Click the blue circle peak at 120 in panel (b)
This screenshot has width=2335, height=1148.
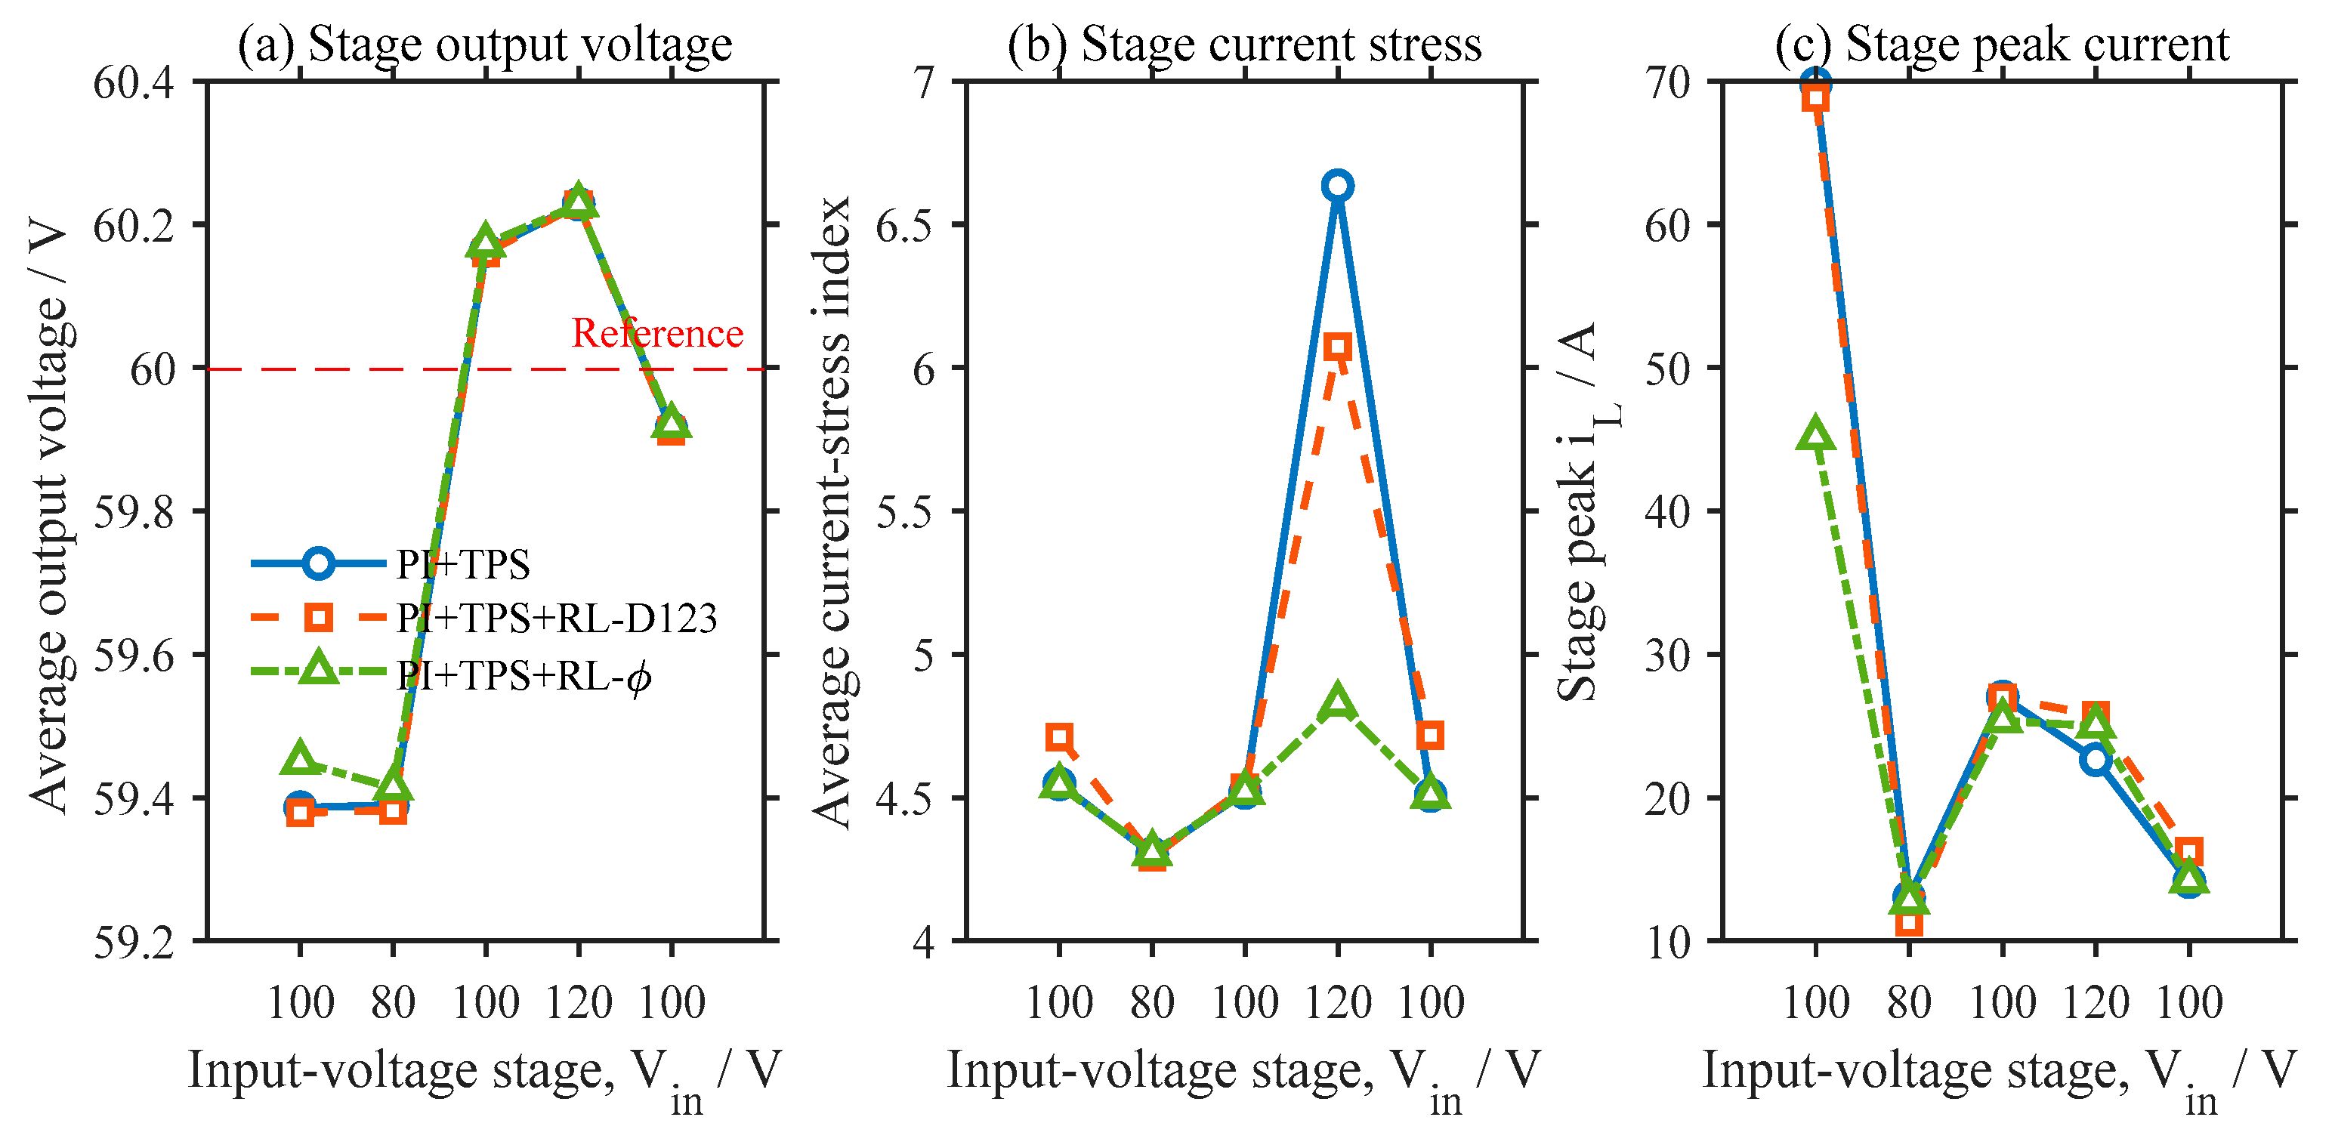(1337, 186)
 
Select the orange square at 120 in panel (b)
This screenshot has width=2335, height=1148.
(1337, 346)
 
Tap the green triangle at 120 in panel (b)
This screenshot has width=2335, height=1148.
(1337, 702)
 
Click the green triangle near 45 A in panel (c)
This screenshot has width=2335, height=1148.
(1815, 435)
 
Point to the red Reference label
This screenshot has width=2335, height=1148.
(657, 333)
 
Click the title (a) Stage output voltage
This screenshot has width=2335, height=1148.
(485, 44)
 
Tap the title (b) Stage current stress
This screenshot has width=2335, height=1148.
(1244, 44)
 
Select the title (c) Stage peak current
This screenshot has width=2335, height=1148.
(2001, 44)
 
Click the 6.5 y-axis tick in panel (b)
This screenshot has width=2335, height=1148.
(903, 226)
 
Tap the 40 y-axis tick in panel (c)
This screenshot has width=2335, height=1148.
(1668, 512)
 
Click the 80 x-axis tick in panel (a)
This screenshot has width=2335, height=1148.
(393, 1003)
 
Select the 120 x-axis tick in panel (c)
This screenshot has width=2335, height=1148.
(2096, 1003)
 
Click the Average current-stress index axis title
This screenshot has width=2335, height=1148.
(832, 512)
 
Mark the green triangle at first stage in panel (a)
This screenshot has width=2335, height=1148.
(300, 758)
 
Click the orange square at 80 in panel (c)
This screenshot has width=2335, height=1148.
(1909, 922)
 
